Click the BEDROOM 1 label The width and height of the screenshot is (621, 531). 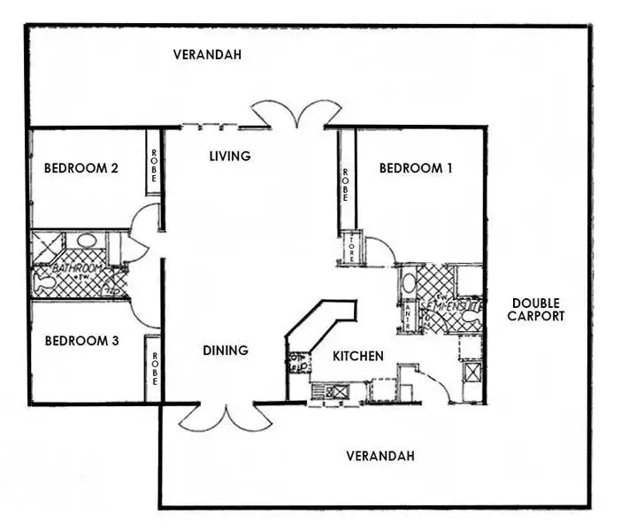tap(416, 168)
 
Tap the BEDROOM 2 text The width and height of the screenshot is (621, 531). tap(81, 168)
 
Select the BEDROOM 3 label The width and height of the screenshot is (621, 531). tap(81, 340)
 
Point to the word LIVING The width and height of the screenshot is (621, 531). tap(230, 156)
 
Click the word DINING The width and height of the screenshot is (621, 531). tap(225, 350)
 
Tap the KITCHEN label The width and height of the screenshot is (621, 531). tap(358, 356)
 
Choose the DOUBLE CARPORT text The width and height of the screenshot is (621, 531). tap(536, 310)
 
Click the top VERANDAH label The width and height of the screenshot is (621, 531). tap(207, 54)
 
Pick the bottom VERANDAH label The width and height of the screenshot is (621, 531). tap(380, 456)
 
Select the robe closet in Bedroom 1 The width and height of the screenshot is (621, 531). tap(346, 181)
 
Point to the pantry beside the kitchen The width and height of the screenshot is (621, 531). tap(408, 314)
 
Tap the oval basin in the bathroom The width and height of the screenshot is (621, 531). tap(87, 240)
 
